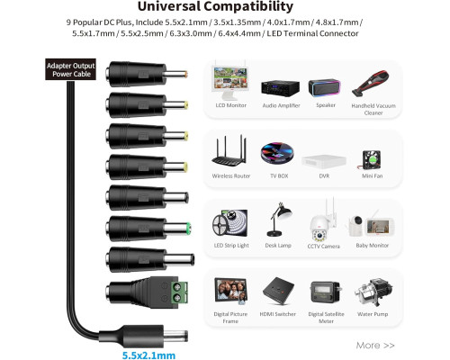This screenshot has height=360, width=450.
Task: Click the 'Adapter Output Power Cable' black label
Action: (70, 69)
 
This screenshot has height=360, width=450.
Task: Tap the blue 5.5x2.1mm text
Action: (148, 355)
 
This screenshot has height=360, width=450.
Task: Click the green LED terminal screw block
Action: (180, 292)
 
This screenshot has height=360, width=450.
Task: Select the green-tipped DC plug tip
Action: (189, 229)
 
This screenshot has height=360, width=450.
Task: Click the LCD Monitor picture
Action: (230, 82)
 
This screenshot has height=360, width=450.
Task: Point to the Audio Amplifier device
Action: (280, 88)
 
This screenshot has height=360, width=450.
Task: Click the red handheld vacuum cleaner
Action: (372, 83)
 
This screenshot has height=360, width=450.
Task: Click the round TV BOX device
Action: (277, 153)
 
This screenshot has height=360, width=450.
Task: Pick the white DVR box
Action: (324, 161)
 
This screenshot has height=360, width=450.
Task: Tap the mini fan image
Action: (371, 160)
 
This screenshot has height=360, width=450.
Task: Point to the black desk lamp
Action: (278, 220)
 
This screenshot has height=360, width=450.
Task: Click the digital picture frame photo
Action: (231, 291)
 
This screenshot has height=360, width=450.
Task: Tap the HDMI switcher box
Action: (278, 292)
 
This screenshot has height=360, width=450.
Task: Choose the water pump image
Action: (373, 292)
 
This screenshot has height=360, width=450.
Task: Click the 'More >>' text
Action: (375, 346)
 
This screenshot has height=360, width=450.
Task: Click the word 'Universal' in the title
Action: (169, 6)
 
